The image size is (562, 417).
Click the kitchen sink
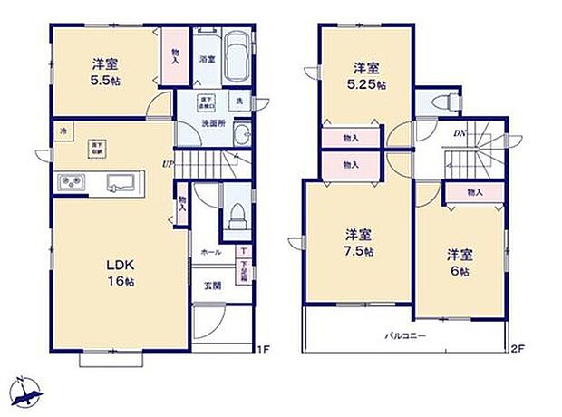click(120, 182)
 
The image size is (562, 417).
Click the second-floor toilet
click(445, 102)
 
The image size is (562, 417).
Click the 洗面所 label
click(213, 123)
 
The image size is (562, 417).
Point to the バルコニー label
click(404, 336)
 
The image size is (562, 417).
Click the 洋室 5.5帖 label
click(103, 72)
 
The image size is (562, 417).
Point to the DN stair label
click(460, 133)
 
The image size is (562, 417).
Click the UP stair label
click(168, 164)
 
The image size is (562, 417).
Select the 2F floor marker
click(518, 349)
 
